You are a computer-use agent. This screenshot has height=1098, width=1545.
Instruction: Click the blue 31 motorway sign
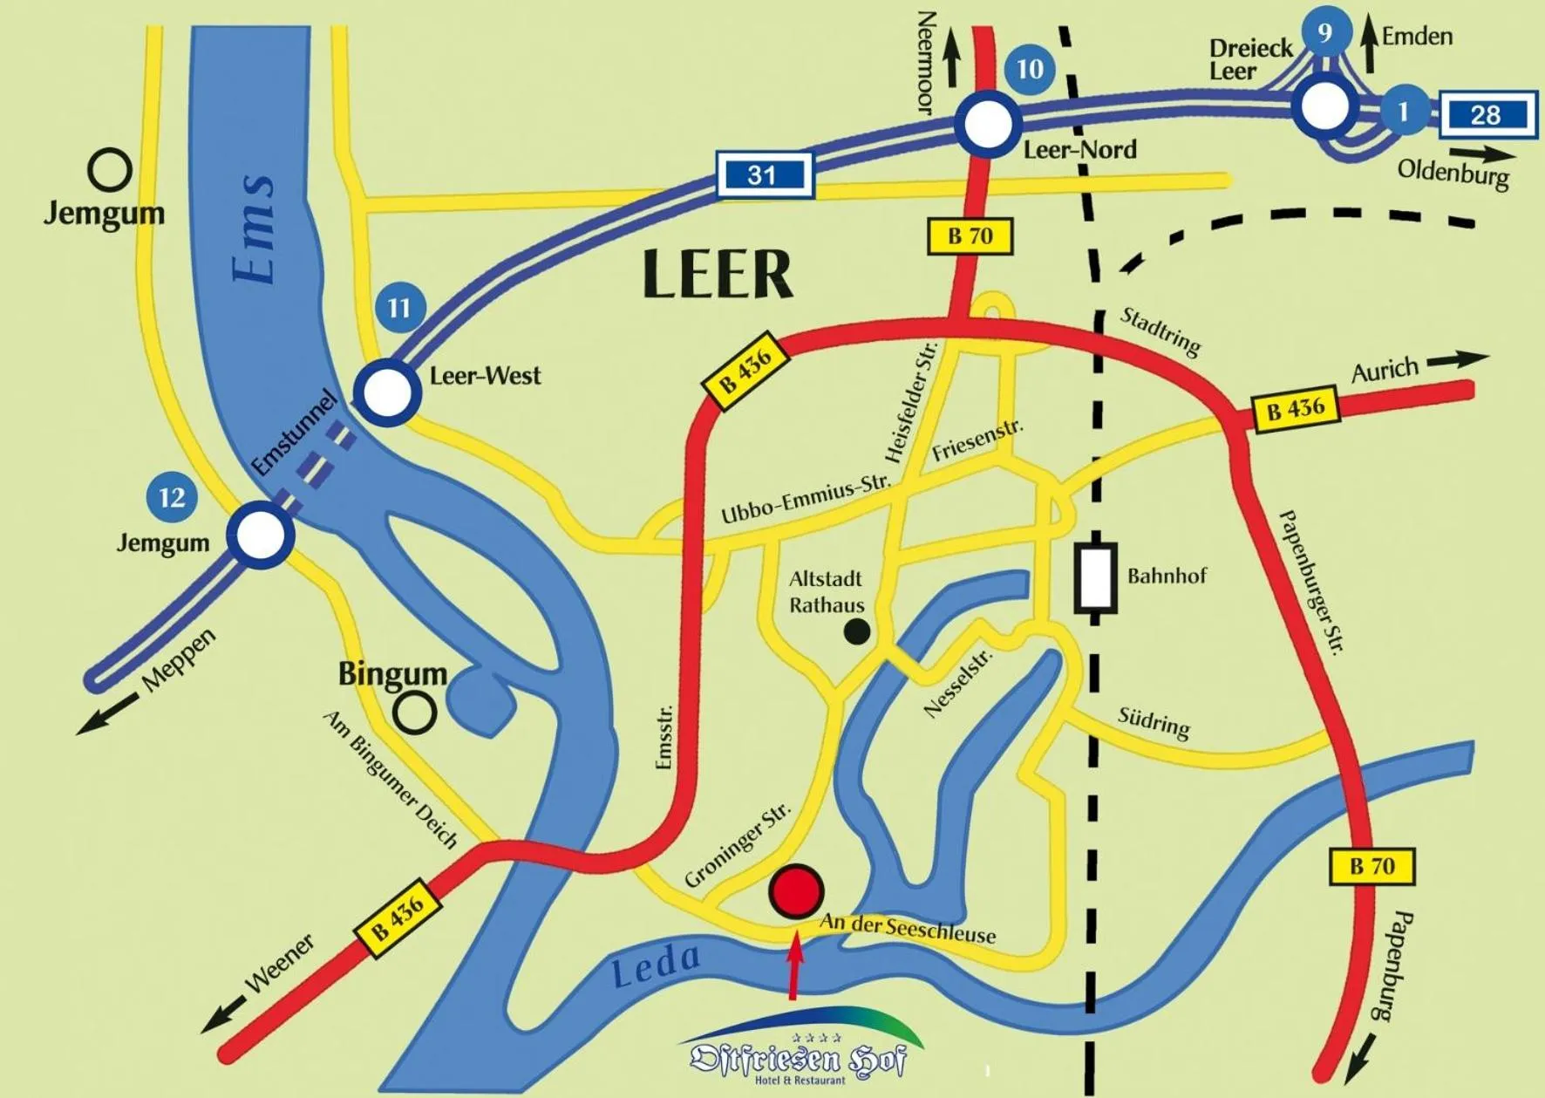(x=764, y=174)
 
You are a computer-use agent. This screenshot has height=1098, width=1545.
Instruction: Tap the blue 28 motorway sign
(x=1487, y=114)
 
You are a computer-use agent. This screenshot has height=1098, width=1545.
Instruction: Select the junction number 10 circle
(x=1030, y=68)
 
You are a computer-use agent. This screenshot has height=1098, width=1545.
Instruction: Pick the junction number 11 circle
(x=399, y=307)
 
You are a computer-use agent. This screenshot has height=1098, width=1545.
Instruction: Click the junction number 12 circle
(x=172, y=497)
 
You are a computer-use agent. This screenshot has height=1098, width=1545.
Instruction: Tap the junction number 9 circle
(x=1325, y=32)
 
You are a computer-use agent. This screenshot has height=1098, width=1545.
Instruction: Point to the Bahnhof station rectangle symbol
(x=1095, y=577)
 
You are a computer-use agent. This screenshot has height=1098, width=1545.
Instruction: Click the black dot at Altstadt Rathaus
(x=857, y=631)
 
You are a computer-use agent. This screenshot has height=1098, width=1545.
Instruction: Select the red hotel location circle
(x=796, y=891)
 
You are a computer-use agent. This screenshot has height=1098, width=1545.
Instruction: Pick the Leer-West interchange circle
(x=387, y=392)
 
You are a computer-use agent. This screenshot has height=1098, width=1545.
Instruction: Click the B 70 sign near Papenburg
(x=1371, y=866)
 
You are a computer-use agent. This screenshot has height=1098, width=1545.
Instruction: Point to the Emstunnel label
(x=295, y=433)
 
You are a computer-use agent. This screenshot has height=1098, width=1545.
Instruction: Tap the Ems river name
(x=255, y=228)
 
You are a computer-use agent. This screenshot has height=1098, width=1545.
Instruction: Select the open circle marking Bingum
(x=414, y=713)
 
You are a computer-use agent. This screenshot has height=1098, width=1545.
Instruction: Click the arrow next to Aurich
(x=1457, y=358)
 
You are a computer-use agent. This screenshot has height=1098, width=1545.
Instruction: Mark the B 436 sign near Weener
(x=398, y=917)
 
